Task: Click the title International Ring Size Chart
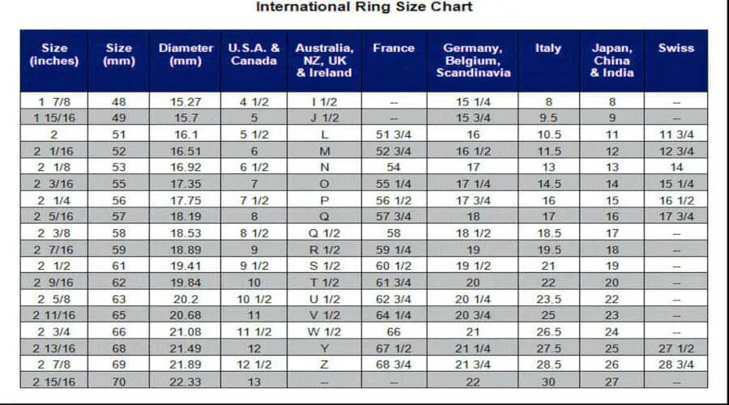[x=364, y=7]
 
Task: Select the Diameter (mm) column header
[x=185, y=54]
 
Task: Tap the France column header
[x=394, y=48]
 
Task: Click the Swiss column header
[x=676, y=48]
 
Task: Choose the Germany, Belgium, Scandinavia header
[x=473, y=60]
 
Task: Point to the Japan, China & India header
[x=612, y=60]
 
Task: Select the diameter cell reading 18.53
[x=185, y=233]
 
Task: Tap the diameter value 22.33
[x=185, y=382]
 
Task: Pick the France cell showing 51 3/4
[x=394, y=134]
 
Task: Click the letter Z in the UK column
[x=325, y=365]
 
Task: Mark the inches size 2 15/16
[x=53, y=382]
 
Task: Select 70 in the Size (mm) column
[x=119, y=382]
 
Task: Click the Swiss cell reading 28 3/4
[x=676, y=365]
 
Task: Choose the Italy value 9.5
[x=548, y=118]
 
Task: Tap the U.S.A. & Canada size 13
[x=254, y=382]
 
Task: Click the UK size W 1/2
[x=325, y=332]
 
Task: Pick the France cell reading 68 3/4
[x=394, y=365]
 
